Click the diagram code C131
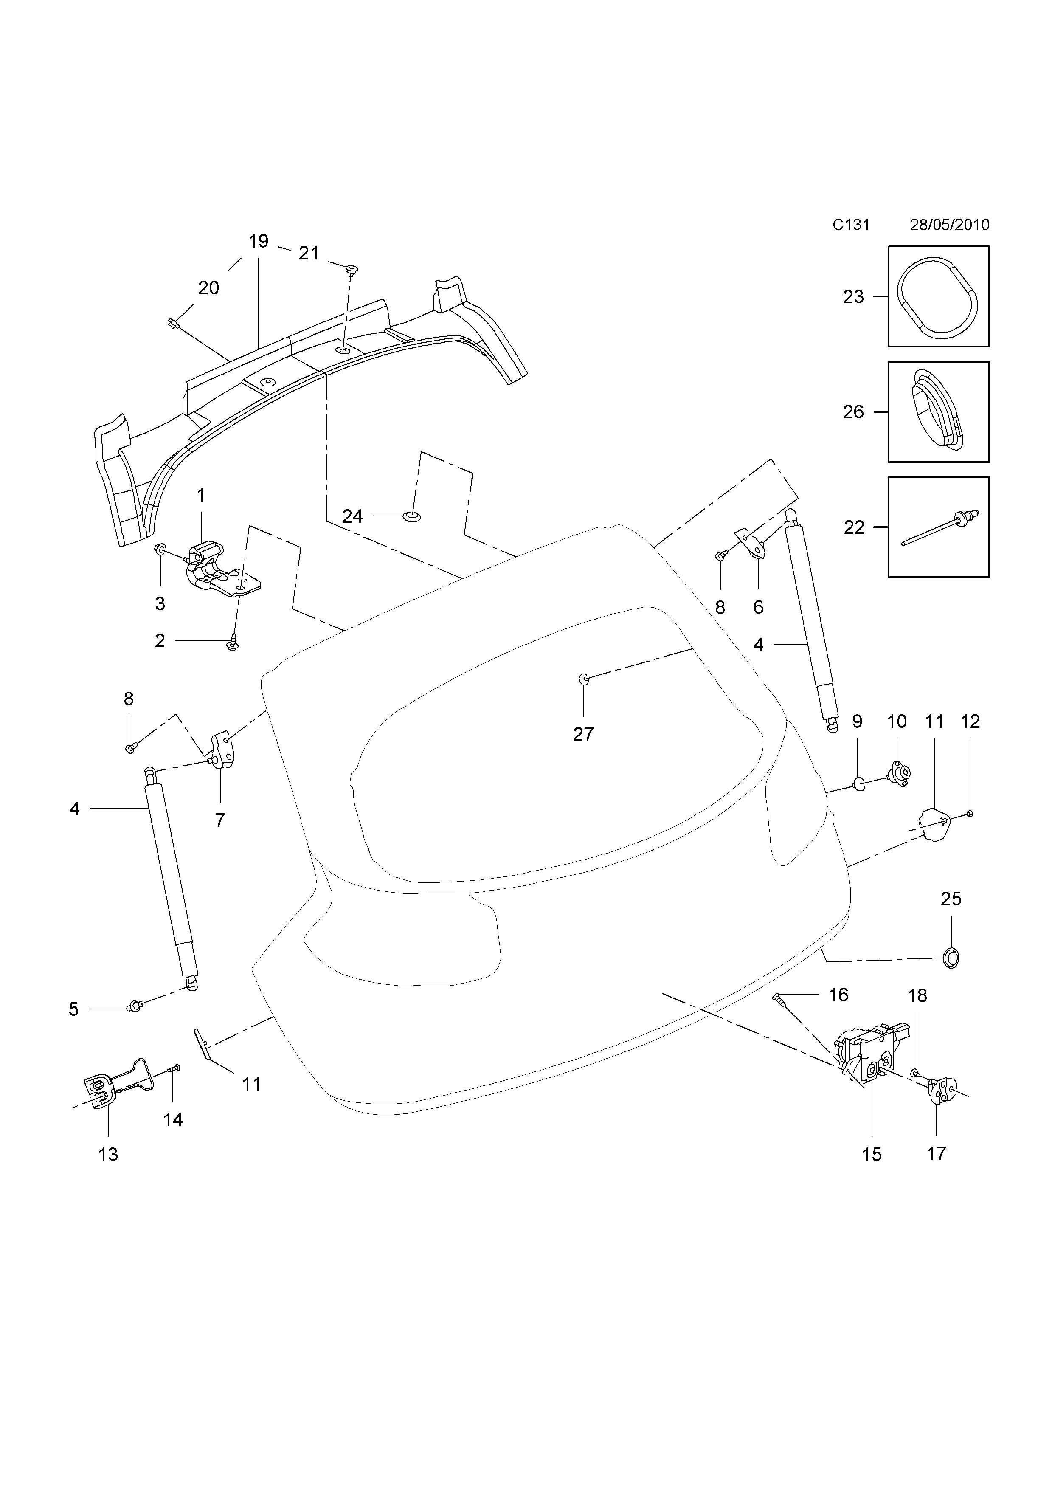[850, 225]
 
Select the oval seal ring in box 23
[938, 297]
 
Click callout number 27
[583, 734]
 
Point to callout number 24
[352, 516]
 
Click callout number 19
[258, 242]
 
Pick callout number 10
[897, 721]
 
